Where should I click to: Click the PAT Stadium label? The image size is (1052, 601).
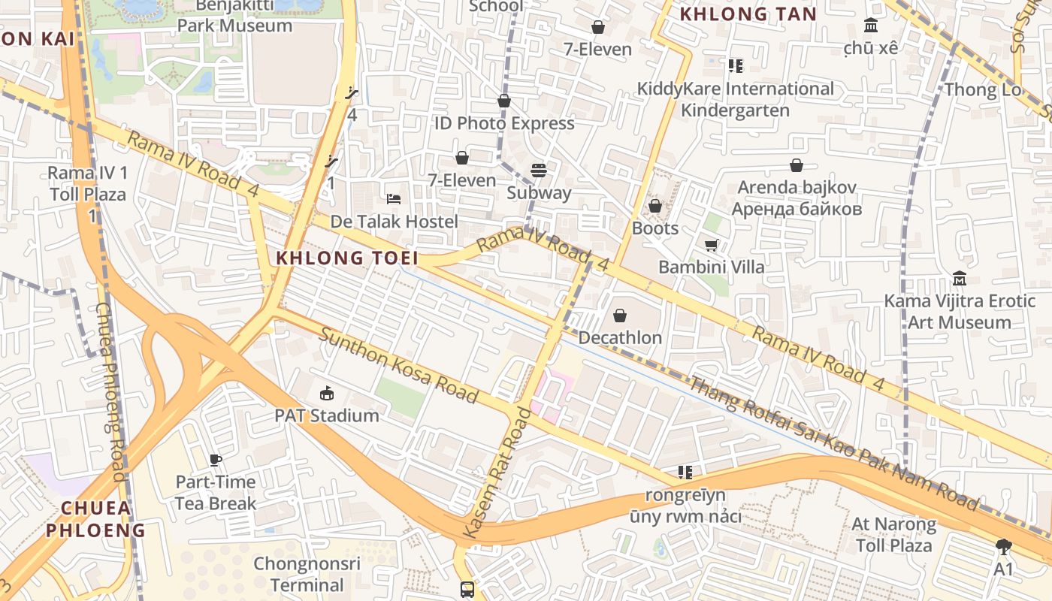326,415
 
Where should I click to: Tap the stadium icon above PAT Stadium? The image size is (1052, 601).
326,393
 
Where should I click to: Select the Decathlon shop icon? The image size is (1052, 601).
620,316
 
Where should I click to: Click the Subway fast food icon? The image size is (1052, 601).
538,171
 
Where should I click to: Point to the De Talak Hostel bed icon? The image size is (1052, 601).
394,199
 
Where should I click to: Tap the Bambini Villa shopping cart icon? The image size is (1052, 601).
711,245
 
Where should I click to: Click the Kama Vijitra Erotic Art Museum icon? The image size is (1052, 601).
959,279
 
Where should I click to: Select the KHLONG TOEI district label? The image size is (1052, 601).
346,258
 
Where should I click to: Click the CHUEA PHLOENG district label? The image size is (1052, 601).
95,519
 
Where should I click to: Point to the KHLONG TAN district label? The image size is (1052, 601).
748,14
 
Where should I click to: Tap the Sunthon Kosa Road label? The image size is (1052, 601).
398,364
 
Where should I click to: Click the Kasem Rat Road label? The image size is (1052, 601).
497,473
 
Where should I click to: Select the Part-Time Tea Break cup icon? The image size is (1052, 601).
216,460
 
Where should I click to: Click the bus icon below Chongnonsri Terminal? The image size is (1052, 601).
467,589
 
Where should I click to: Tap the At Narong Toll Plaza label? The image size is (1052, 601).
893,534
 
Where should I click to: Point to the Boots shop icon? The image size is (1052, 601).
655,206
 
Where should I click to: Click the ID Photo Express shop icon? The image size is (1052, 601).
504,101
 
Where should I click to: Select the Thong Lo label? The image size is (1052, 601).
983,90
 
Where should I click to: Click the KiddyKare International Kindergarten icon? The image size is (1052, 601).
735,66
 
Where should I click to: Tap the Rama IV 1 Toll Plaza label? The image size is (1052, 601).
88,183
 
